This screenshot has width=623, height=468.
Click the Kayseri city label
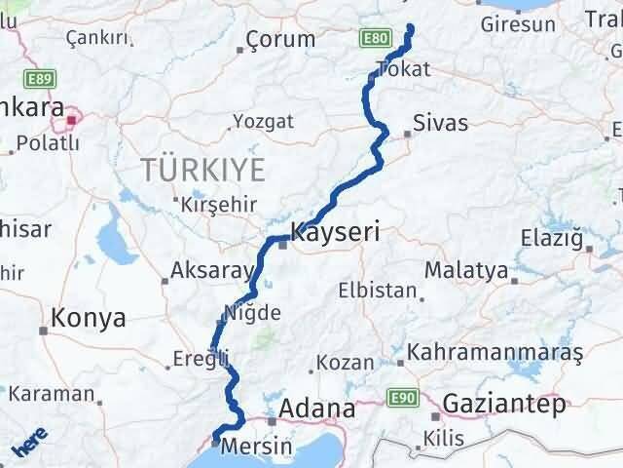pyautogui.click(x=334, y=234)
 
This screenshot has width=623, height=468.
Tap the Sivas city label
pyautogui.click(x=440, y=124)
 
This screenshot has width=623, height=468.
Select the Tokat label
pyautogui.click(x=402, y=68)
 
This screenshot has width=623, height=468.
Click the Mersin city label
pyautogui.click(x=257, y=446)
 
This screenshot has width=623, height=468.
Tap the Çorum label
pyautogui.click(x=280, y=40)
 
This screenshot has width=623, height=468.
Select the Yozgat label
pyautogui.click(x=262, y=123)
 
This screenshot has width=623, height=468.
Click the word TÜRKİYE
pyautogui.click(x=202, y=169)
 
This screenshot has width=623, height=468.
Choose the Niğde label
pyautogui.click(x=252, y=313)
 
